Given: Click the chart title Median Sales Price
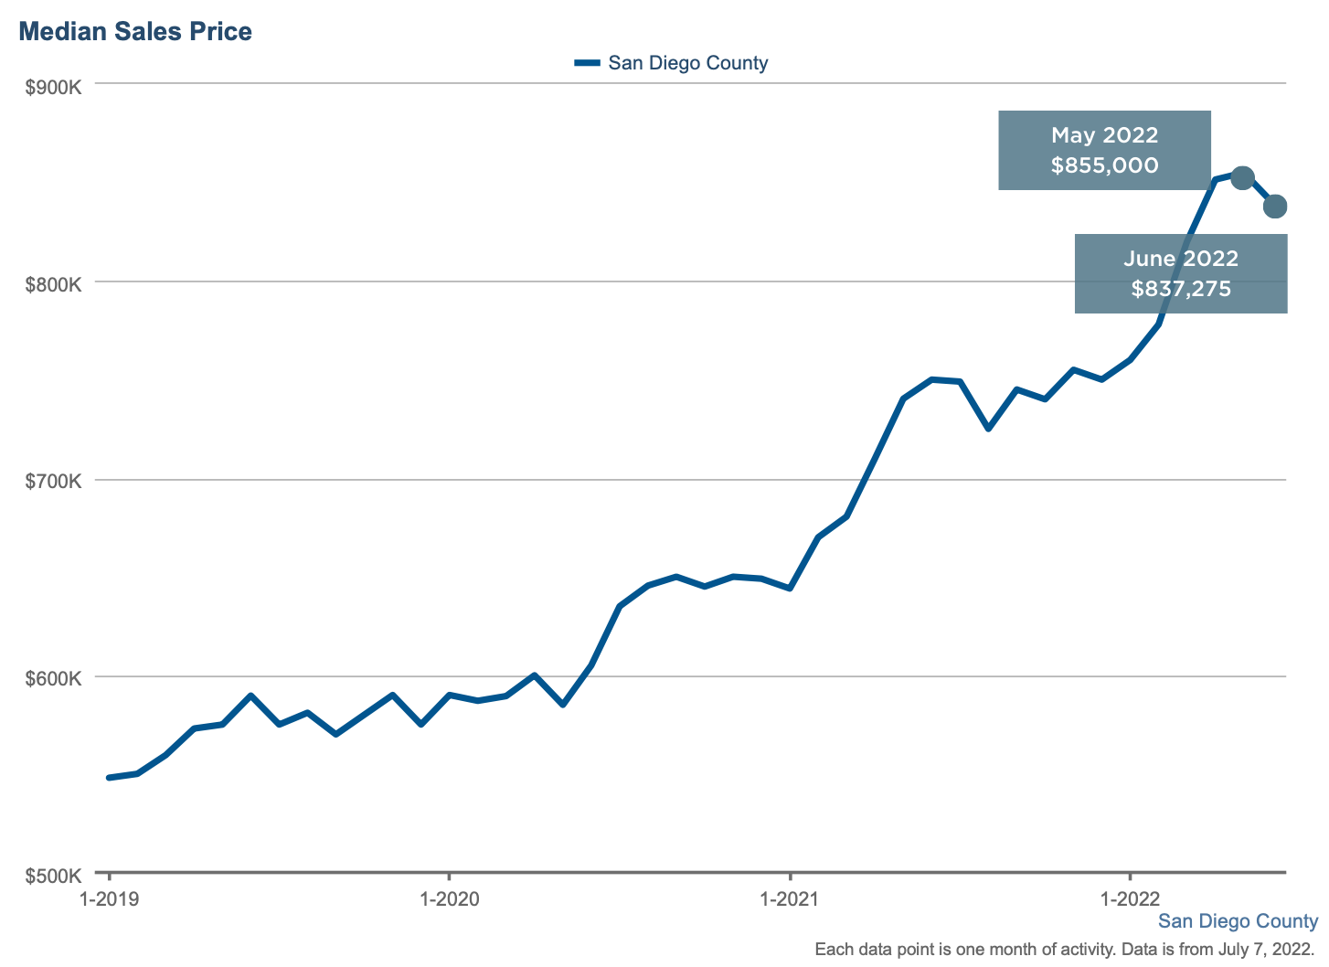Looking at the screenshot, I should point(135,32).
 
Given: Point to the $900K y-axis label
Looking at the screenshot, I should point(54,87).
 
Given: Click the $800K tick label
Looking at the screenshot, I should point(54,284).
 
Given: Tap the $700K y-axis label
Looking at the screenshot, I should point(54,482).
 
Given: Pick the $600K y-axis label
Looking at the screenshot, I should point(54,679).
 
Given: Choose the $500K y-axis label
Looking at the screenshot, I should point(54,876).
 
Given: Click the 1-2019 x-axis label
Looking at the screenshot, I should point(109,898).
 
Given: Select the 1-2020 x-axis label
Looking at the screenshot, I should point(449,898).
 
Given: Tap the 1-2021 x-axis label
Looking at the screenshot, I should point(790,898).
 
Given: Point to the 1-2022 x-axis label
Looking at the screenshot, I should point(1130,898).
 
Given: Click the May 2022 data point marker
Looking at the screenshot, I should point(1242,177).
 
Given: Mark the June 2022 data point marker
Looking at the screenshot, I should point(1275,207).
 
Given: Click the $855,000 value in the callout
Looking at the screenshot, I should point(1104,165).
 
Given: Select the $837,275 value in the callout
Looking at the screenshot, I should point(1181,289).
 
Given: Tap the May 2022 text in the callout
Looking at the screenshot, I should point(1104,135).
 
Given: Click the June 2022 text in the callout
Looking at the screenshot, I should point(1181,259).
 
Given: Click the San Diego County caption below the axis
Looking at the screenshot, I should point(1238,921).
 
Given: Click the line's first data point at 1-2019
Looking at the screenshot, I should point(109,778).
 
